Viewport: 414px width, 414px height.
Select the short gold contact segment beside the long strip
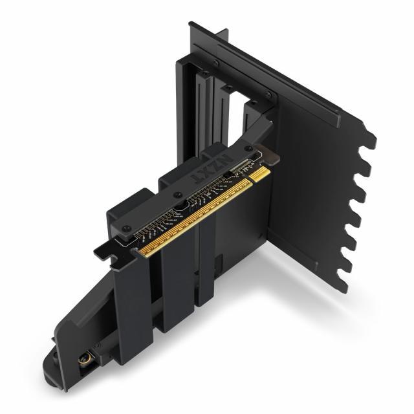(x=261, y=174)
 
